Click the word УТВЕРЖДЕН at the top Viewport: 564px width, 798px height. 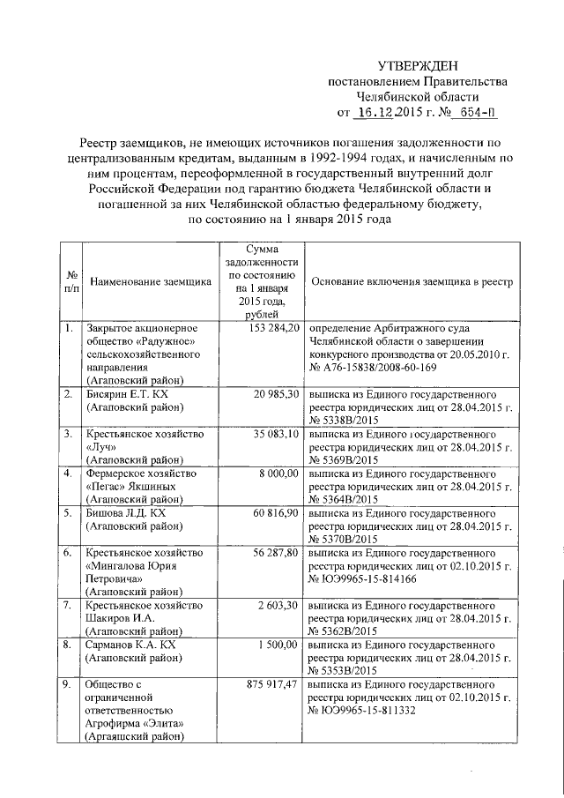click(419, 65)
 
